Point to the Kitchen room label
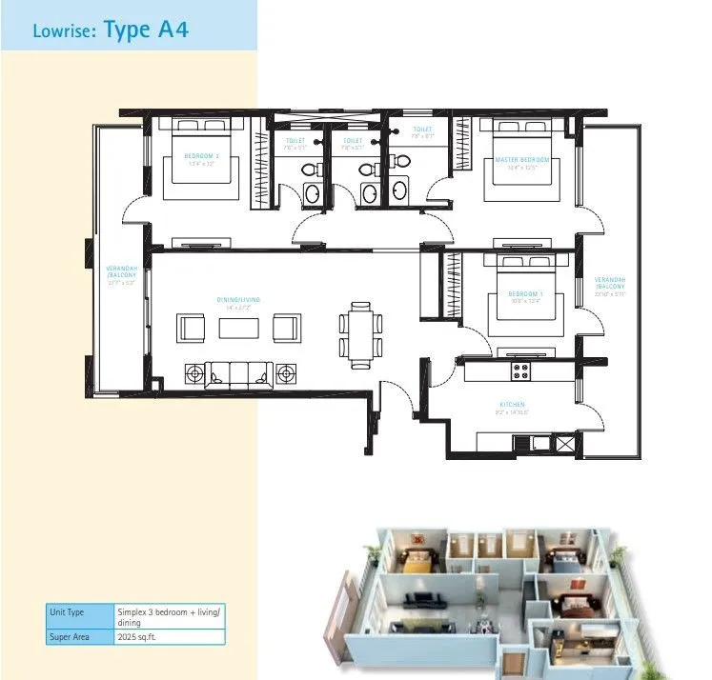click(x=511, y=408)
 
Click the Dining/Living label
click(x=237, y=300)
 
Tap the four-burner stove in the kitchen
click(x=521, y=370)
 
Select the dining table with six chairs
click(x=359, y=332)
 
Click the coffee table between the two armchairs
click(x=239, y=328)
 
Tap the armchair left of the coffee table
click(x=192, y=328)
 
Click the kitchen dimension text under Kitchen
click(x=511, y=414)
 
